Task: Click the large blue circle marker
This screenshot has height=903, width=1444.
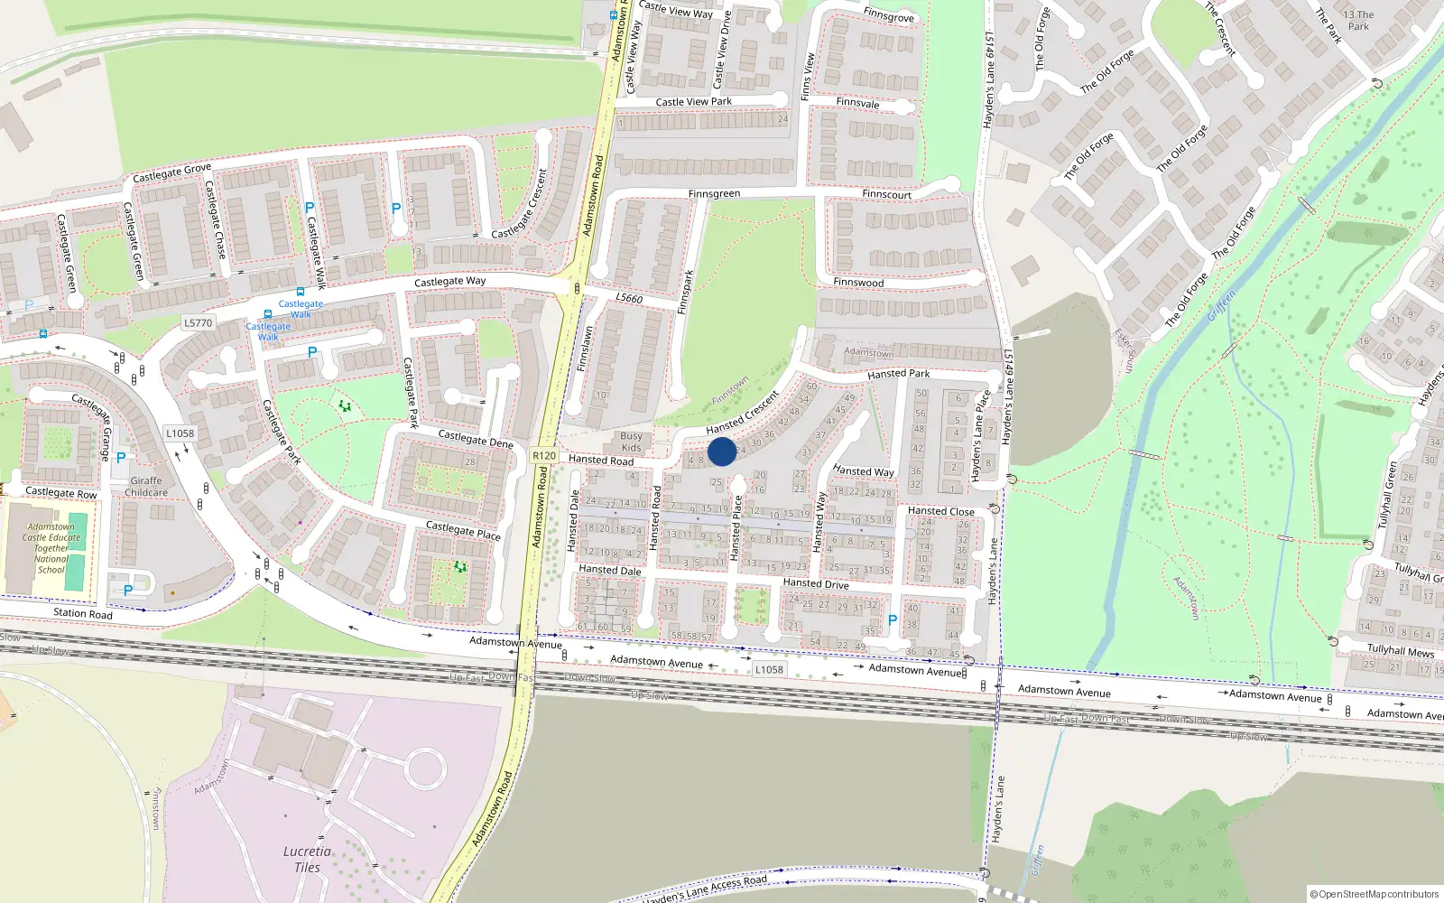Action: coord(722,451)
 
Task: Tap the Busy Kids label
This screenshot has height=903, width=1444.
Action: coord(632,442)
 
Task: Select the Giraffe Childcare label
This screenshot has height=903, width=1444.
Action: coord(146,487)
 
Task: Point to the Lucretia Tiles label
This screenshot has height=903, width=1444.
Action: coord(307,859)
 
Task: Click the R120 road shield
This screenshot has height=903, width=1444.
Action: coord(544,456)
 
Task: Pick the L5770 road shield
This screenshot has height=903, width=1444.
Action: coord(198,322)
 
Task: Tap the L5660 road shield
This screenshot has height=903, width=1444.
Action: coord(629,299)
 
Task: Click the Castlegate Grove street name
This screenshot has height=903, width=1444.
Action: coord(171,172)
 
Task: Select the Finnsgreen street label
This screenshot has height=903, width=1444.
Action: coord(714,194)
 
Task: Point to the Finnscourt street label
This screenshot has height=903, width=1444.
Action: coord(886,194)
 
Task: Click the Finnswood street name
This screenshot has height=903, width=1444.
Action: coord(858,283)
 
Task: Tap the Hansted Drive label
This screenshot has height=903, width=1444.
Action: coord(816,583)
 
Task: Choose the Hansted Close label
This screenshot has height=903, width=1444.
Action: coord(941,511)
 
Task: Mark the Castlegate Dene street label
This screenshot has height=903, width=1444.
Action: coord(476,440)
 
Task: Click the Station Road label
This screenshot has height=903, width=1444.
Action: coord(83,614)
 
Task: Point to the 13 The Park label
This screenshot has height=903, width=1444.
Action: coord(1358,20)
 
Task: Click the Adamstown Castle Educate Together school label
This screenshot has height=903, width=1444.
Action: coord(51,548)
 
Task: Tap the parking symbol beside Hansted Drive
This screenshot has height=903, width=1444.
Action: coord(893,620)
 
